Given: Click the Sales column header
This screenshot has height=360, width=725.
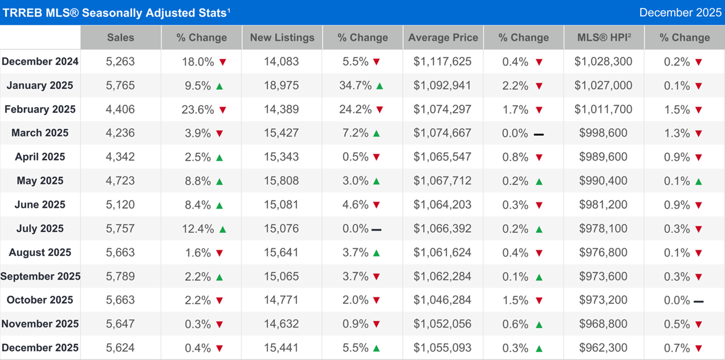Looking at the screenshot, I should point(121,38).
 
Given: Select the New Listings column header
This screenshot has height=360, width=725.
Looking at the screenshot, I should point(282,38).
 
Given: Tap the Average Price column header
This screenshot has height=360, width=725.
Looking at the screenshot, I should point(443,38).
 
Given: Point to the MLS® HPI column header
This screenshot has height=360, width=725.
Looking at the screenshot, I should point(603,38).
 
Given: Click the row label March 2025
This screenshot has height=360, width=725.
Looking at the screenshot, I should point(40,133).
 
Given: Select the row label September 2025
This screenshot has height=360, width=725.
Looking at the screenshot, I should point(41,276).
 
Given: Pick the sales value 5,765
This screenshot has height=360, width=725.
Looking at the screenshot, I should point(121,86).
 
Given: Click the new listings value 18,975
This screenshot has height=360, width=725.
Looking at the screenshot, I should point(281,86).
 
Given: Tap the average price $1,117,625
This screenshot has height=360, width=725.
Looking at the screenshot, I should point(443,62).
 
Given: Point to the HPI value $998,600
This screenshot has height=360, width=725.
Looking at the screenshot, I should point(603,133).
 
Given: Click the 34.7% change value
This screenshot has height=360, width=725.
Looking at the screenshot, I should point(355,86).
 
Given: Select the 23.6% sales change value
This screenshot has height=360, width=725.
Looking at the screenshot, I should point(196,110).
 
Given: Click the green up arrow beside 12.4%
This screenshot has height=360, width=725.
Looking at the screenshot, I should point(223,229).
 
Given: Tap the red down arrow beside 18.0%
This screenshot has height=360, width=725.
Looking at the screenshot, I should point(223,62).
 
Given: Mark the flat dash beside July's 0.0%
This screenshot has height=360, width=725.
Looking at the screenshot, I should point(376,230).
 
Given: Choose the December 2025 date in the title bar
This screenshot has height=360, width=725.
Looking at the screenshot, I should point(680,12).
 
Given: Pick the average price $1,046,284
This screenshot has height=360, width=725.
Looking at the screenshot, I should point(443,300).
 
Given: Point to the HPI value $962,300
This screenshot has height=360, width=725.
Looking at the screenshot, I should point(603,348).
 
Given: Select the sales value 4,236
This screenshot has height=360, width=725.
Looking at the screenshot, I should point(121,133).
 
